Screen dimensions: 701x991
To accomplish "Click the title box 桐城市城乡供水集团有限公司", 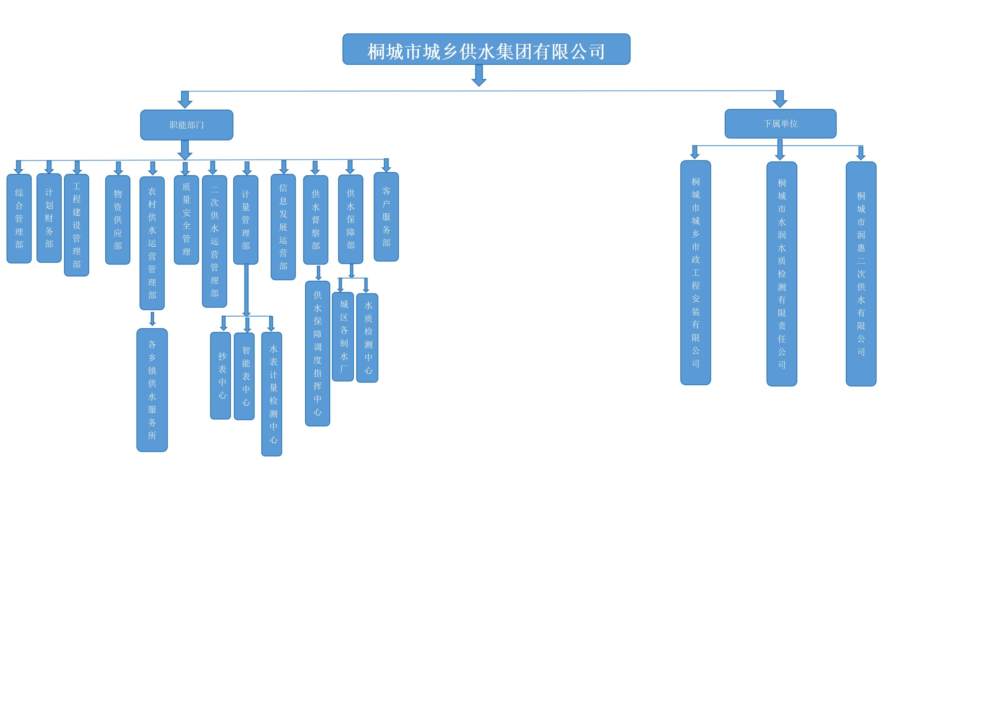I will [x=486, y=49].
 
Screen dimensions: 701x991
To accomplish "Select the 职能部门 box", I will [x=186, y=125].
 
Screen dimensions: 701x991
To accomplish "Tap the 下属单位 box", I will [x=780, y=124].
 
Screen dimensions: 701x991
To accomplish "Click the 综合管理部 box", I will [x=19, y=218].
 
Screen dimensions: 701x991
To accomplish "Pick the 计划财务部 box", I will [x=49, y=218].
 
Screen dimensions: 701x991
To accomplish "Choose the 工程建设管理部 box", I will [x=76, y=225].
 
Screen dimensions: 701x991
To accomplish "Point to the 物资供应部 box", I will [x=117, y=220].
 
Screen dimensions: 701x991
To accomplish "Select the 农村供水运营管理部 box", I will [x=152, y=243].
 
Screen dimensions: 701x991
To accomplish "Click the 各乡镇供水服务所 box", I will [x=152, y=390].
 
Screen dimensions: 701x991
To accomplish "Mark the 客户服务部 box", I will [x=386, y=217].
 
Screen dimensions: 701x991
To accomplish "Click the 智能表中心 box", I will [x=244, y=376].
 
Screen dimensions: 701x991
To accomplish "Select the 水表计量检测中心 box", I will [x=272, y=394].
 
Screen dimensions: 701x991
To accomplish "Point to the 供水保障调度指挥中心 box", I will [x=317, y=353].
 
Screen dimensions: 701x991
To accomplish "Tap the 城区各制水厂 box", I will [x=343, y=337].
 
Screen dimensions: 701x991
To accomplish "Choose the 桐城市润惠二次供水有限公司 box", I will [x=861, y=274].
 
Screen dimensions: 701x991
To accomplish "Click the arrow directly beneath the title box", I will [x=479, y=76].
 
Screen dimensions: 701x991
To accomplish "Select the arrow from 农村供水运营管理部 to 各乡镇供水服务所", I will [x=152, y=319].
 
